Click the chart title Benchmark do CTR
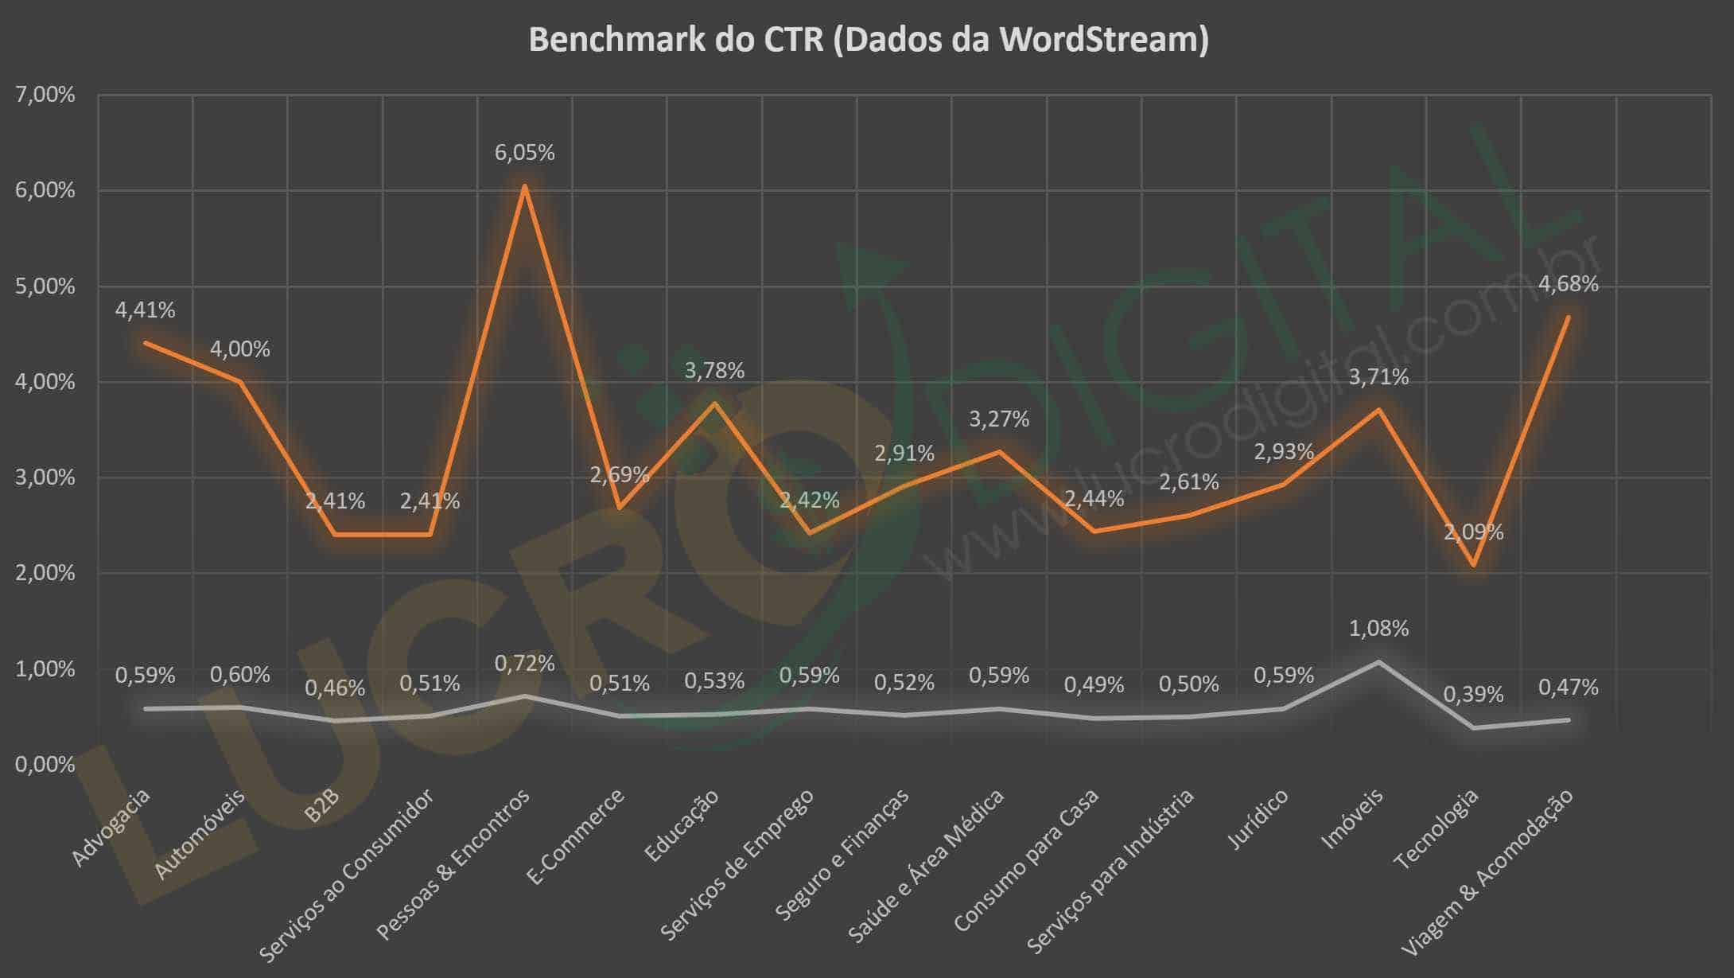click(x=868, y=40)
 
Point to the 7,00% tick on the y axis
click(x=45, y=95)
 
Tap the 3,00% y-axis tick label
click(x=45, y=477)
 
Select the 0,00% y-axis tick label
click(x=45, y=765)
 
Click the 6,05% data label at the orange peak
click(x=524, y=153)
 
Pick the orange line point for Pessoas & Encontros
click(x=524, y=186)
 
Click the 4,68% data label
click(x=1568, y=284)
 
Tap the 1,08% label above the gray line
click(x=1378, y=629)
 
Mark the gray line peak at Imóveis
click(x=1378, y=661)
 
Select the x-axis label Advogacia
click(x=111, y=828)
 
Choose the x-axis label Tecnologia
click(x=1437, y=829)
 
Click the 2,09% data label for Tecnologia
click(x=1473, y=532)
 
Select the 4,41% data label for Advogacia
click(x=145, y=310)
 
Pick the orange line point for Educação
click(x=714, y=403)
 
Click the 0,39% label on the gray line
click(x=1473, y=695)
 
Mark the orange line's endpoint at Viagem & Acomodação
click(x=1568, y=317)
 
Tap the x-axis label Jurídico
click(x=1258, y=820)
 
